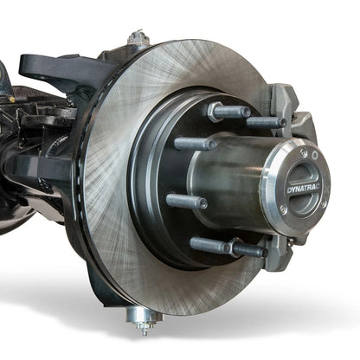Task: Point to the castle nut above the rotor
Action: click(137, 39)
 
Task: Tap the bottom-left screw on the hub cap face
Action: click(281, 211)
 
